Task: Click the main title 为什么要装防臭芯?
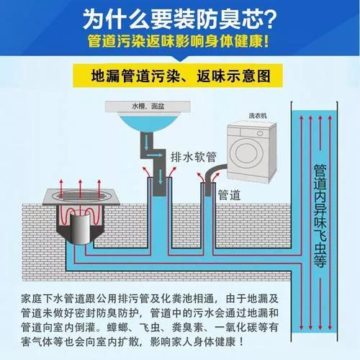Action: point(180,16)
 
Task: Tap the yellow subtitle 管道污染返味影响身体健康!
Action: point(180,41)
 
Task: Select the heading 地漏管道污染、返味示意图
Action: point(180,75)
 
